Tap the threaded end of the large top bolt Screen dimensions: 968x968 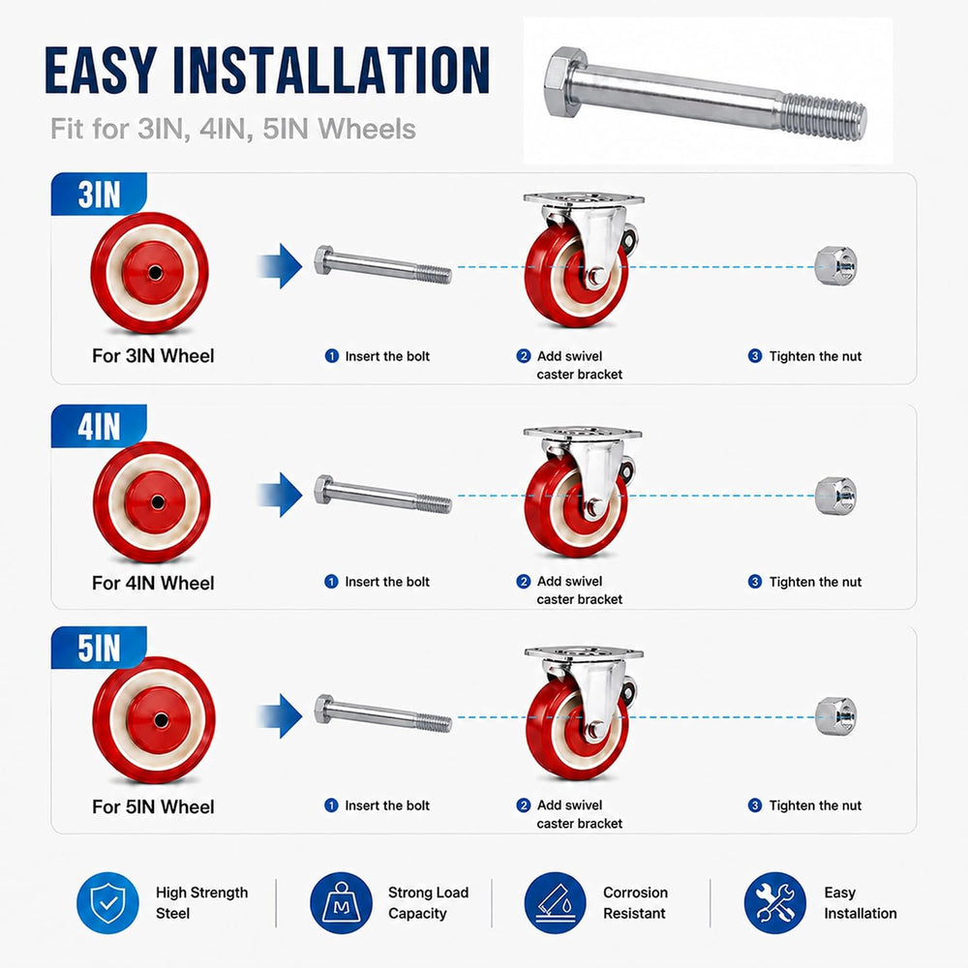pos(824,113)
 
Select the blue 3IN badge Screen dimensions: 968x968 pos(99,194)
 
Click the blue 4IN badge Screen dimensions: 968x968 pos(99,426)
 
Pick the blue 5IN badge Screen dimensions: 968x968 pos(99,648)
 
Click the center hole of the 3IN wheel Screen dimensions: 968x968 pos(154,272)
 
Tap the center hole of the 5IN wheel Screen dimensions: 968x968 pos(161,720)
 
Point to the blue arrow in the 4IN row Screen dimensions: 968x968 pos(280,495)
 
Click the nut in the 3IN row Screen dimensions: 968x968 pos(835,265)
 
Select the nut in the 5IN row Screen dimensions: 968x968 pos(835,716)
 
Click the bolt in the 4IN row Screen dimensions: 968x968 pos(382,494)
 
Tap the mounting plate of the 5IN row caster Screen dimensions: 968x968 pos(584,653)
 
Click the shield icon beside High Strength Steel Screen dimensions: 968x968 pos(108,902)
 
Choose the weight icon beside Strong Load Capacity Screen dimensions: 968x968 pos(341,902)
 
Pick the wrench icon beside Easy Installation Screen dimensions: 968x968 pos(775,902)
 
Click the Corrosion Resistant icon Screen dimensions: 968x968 pos(555,902)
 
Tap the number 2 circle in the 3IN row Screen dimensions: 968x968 pos(524,356)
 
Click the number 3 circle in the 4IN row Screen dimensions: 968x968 pos(755,582)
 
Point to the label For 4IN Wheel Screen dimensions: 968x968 pos(153,583)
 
